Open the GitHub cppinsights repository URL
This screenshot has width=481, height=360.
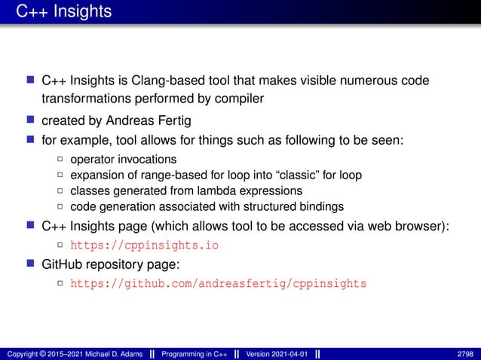tap(218, 284)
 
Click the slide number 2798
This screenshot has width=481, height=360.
tap(466, 353)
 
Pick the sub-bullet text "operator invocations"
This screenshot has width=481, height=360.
tap(123, 159)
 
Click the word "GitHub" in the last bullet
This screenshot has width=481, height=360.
tap(63, 264)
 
